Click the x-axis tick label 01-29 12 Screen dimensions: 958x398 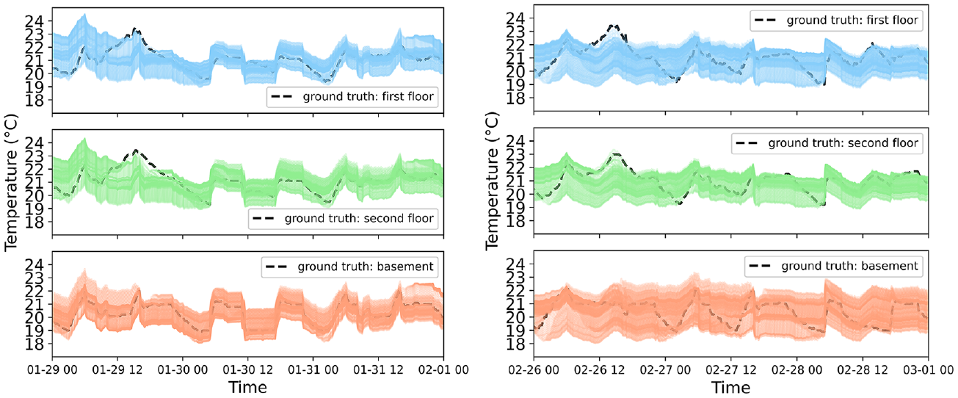click(117, 369)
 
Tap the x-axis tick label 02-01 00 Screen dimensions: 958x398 click(443, 369)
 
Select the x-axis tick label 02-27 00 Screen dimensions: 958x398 click(665, 369)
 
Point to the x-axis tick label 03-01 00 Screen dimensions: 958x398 click(928, 369)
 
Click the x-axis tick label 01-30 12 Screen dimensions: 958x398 click(247, 369)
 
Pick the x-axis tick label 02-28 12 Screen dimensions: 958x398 click(863, 369)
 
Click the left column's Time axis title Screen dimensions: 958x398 click(247, 387)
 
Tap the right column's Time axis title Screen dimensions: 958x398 click(731, 387)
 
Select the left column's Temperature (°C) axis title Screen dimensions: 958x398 click(11, 183)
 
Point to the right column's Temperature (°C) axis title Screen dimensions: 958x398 click(493, 181)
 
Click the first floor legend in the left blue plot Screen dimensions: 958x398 click(352, 97)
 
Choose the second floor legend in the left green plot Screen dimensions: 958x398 click(343, 219)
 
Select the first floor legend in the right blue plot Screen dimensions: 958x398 click(836, 21)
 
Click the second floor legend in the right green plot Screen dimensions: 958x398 click(827, 143)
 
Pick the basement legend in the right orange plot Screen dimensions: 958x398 click(833, 266)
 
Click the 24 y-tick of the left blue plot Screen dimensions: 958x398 click(35, 21)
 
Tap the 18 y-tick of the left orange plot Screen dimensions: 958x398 click(35, 344)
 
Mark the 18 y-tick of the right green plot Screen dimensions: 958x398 click(516, 221)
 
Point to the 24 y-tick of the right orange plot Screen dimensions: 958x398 click(516, 264)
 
